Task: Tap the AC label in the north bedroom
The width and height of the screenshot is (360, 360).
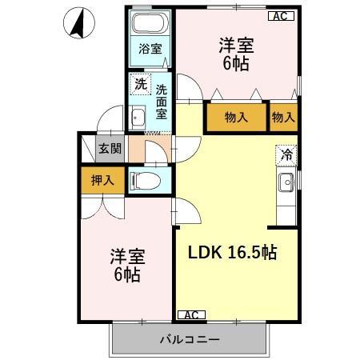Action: click(279, 15)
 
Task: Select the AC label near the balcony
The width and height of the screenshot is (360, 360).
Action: click(190, 314)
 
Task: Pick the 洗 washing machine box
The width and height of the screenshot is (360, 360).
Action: click(140, 82)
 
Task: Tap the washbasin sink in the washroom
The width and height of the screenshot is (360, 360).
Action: click(135, 118)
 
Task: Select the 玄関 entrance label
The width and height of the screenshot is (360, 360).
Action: click(110, 148)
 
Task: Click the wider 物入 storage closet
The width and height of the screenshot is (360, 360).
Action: click(235, 117)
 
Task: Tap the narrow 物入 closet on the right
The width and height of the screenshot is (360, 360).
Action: click(283, 117)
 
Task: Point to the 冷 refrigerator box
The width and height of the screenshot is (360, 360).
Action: click(286, 154)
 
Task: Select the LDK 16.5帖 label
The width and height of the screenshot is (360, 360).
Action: click(233, 252)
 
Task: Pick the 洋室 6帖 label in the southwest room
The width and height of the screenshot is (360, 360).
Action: click(126, 266)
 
